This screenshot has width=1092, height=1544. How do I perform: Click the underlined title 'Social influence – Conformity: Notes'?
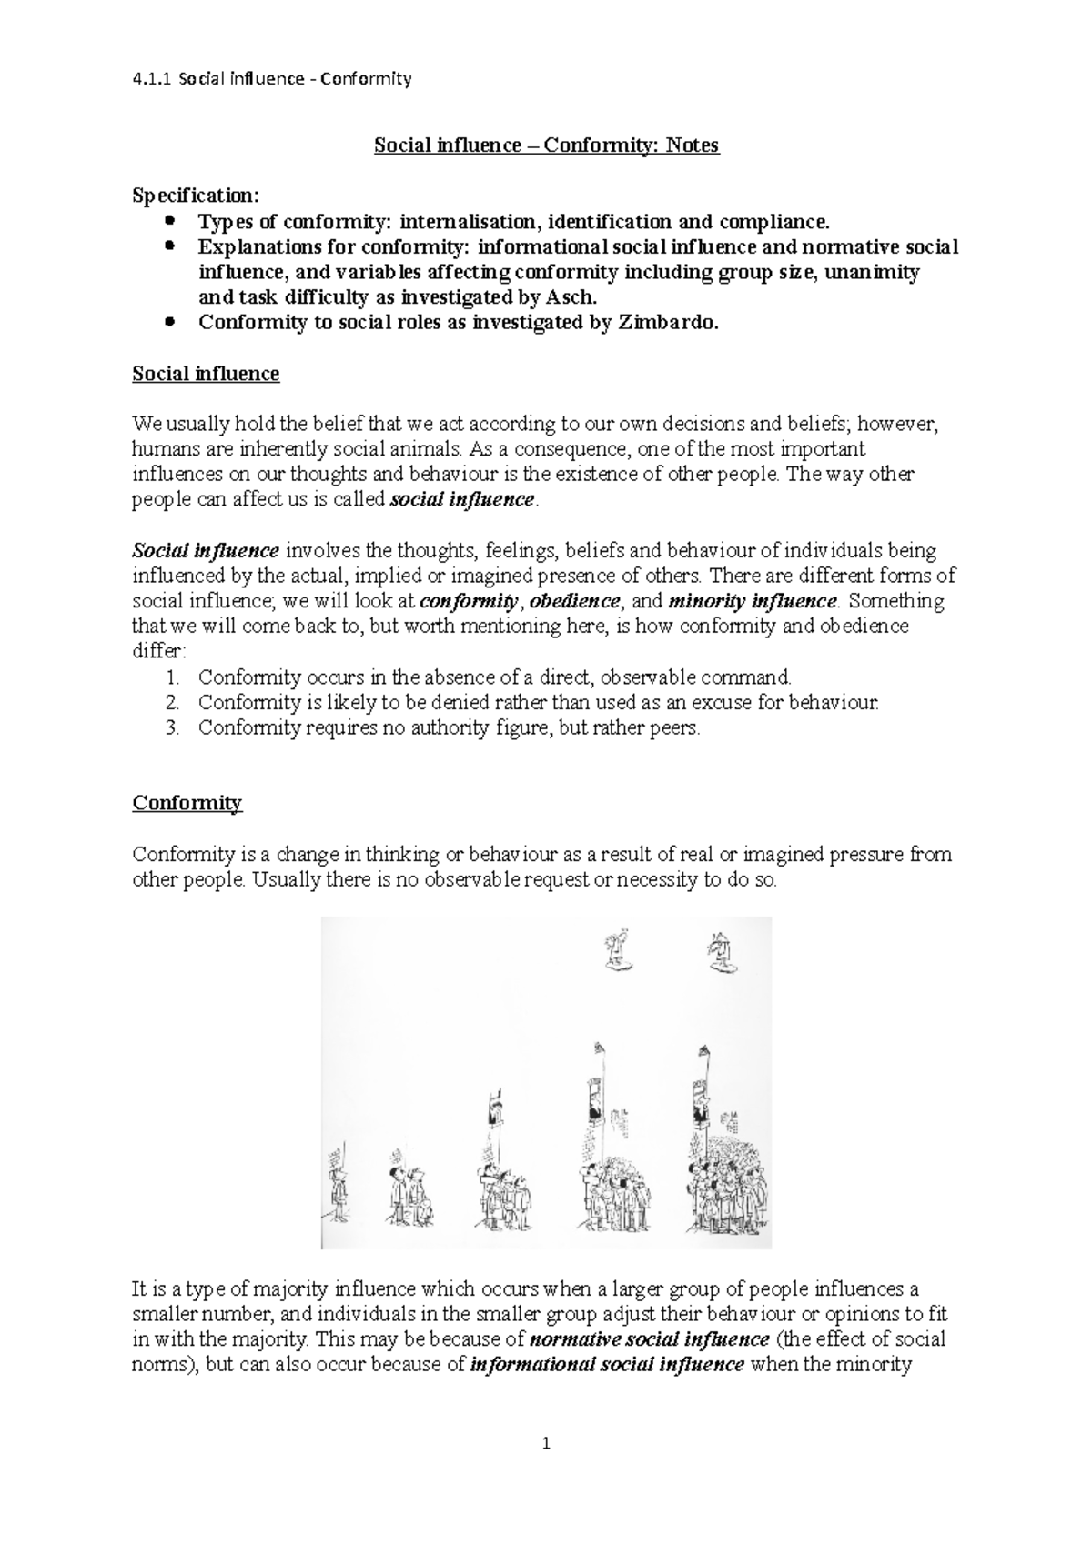pyautogui.click(x=546, y=145)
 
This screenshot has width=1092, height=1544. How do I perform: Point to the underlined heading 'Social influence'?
pyautogui.click(x=206, y=374)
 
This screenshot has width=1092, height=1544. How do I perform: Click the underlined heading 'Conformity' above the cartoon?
pyautogui.click(x=187, y=803)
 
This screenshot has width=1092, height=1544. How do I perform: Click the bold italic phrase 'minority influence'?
pyautogui.click(x=752, y=601)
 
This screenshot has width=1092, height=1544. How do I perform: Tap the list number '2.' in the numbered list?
pyautogui.click(x=174, y=702)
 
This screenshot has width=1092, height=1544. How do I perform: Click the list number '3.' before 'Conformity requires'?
pyautogui.click(x=174, y=727)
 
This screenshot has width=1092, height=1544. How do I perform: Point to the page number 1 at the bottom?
pyautogui.click(x=546, y=1443)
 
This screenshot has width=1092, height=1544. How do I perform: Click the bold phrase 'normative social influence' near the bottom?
pyautogui.click(x=649, y=1339)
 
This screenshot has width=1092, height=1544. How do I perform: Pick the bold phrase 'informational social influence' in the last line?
pyautogui.click(x=607, y=1365)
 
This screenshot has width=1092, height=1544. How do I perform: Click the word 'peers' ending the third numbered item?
pyautogui.click(x=678, y=727)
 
